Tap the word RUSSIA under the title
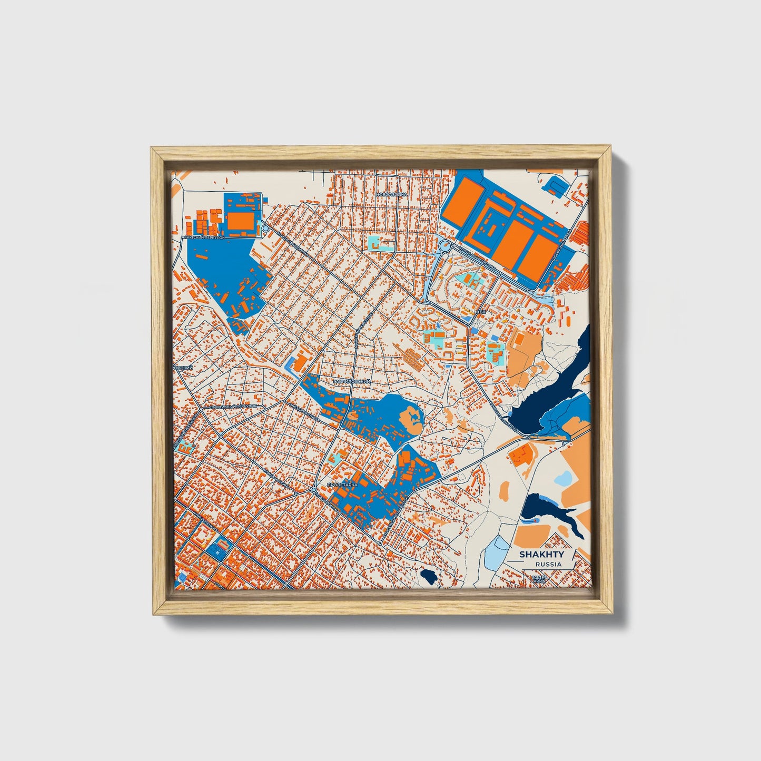tap(547, 564)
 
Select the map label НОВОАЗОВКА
tap(392, 194)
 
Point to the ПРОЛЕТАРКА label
tap(342, 484)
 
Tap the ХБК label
tap(480, 312)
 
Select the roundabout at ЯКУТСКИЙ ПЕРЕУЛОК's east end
tap(265, 228)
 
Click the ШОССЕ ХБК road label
tap(559, 248)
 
